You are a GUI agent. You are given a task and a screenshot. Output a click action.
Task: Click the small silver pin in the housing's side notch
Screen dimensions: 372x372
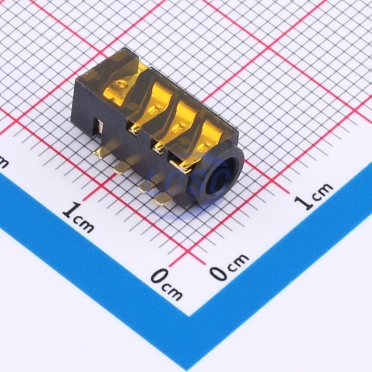(x=99, y=126)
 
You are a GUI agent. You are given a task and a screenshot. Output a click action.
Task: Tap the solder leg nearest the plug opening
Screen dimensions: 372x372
(x=164, y=199)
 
